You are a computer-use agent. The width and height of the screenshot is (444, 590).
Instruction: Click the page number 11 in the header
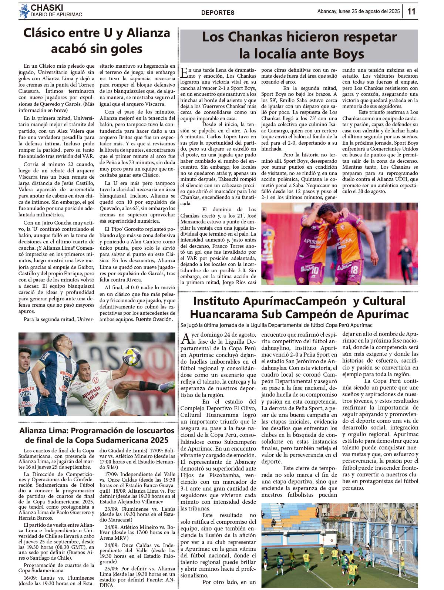tap(411, 11)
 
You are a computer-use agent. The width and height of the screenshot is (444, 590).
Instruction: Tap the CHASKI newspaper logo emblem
tap(24, 11)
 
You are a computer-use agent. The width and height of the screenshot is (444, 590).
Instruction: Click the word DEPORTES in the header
tap(218, 13)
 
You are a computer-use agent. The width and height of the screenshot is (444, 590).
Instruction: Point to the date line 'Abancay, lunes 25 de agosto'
tap(358, 11)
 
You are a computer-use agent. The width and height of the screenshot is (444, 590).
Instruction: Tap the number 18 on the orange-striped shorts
tap(354, 270)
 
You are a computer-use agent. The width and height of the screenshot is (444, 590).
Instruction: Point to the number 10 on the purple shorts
tap(314, 270)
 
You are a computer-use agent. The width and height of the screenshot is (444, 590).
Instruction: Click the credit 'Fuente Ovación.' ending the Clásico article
tap(154, 319)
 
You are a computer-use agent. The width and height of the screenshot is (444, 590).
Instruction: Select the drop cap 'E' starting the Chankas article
tap(184, 73)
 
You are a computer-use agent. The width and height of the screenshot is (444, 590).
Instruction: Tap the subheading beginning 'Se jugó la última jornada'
tap(276, 325)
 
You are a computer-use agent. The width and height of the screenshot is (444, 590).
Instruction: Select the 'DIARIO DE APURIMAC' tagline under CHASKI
tap(56, 15)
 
